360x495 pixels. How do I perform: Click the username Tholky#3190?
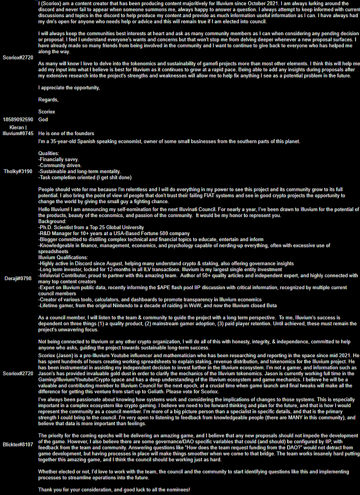click(x=18, y=172)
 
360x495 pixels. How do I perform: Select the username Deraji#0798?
click(x=18, y=278)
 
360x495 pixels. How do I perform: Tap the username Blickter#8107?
click(x=18, y=444)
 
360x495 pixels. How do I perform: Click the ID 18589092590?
click(x=18, y=119)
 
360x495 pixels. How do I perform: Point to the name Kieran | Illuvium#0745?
click(x=18, y=131)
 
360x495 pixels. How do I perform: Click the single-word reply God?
click(x=43, y=119)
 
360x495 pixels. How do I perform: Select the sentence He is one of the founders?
click(x=66, y=133)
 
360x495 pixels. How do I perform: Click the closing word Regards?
click(x=49, y=100)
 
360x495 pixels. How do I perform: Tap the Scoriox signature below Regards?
click(x=47, y=111)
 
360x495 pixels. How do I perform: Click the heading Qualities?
click(x=49, y=154)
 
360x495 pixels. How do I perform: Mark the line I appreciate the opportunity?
click(x=69, y=88)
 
